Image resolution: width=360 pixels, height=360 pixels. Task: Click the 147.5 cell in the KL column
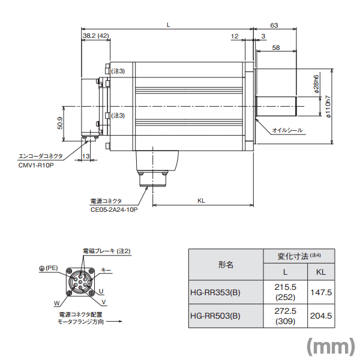click(321, 292)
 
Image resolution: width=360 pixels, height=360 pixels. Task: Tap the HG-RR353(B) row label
click(214, 292)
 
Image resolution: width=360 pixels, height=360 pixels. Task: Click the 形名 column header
click(226, 264)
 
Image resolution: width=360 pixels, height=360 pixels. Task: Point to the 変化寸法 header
click(298, 255)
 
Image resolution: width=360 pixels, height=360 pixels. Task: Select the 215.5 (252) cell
click(285, 292)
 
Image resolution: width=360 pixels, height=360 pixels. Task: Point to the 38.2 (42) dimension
click(95, 36)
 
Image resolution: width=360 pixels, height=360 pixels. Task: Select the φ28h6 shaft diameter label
click(316, 85)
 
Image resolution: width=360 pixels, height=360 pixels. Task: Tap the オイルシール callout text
click(287, 130)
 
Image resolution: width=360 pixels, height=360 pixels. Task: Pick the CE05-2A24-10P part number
click(114, 210)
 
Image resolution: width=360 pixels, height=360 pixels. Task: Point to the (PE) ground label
click(48, 268)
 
